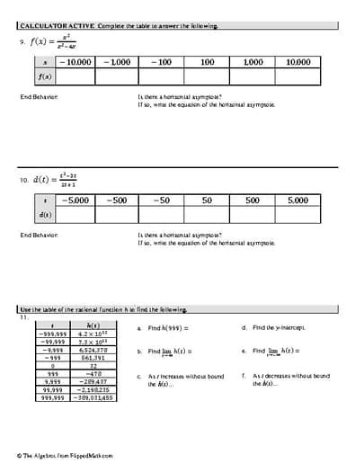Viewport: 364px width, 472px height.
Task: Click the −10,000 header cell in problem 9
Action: click(75, 63)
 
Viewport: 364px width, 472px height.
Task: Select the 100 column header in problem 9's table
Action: click(207, 63)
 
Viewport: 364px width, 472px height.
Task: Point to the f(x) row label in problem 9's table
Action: click(45, 77)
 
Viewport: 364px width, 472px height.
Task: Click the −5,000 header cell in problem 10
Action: click(75, 200)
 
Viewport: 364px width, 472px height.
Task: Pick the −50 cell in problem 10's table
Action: click(161, 200)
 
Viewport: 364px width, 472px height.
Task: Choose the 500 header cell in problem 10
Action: click(251, 200)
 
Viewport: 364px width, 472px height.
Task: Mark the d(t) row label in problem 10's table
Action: click(45, 215)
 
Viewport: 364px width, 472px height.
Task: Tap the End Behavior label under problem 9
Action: click(40, 95)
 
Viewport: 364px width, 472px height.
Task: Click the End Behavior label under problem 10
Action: click(40, 235)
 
